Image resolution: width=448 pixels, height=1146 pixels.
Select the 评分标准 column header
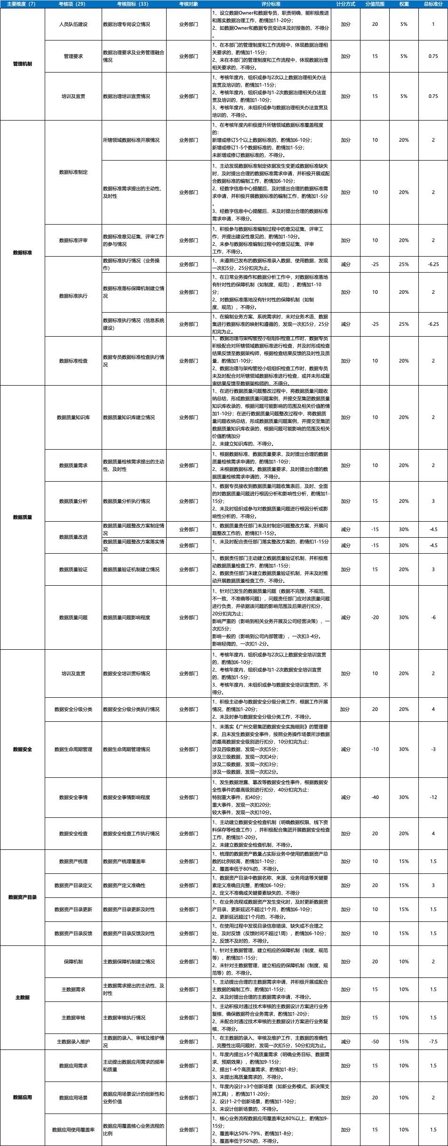[x=271, y=4]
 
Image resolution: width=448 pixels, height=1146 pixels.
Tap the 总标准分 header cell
[x=433, y=4]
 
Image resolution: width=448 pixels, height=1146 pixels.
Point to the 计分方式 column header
[x=346, y=4]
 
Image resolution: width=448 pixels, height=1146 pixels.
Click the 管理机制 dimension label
[x=23, y=64]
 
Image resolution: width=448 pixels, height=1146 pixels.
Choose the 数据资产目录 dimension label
[x=23, y=897]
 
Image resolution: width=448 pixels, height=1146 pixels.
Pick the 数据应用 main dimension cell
[x=23, y=1097]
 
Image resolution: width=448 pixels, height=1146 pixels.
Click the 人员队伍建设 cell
[x=73, y=24]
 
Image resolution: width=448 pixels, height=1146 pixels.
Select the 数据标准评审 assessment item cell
[x=73, y=240]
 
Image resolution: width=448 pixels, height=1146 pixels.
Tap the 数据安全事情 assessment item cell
[x=73, y=797]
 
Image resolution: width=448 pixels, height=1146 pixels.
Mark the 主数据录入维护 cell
[x=73, y=1041]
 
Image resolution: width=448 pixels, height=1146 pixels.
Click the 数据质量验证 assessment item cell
[x=73, y=569]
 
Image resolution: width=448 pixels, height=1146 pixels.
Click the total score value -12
[x=433, y=797]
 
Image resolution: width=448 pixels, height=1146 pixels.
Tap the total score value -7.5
[x=433, y=1041]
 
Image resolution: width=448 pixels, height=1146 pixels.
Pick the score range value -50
[x=375, y=1041]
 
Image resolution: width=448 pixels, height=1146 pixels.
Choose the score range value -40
[x=375, y=797]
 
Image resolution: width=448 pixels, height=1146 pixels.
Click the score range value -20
[x=375, y=617]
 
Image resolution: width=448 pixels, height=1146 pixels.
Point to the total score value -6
[x=433, y=617]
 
